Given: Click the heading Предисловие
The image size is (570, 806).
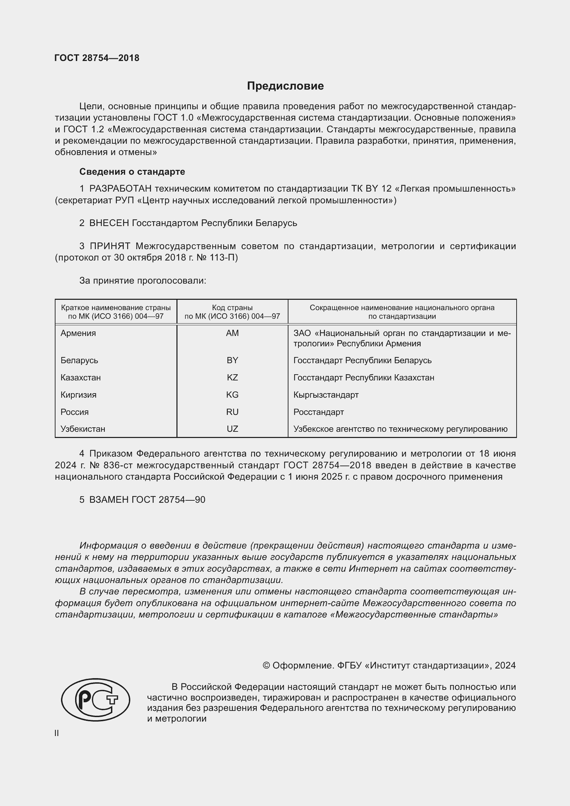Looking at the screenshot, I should click(x=285, y=86).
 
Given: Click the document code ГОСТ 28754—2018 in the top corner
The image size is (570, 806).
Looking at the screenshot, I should click(x=97, y=58).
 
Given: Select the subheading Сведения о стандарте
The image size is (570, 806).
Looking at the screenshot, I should click(x=132, y=172).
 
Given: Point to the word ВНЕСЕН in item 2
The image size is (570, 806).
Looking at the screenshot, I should click(x=109, y=223).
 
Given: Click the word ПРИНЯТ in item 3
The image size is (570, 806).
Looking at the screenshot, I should click(x=110, y=246).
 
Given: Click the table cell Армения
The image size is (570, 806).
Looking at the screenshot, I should click(x=78, y=333).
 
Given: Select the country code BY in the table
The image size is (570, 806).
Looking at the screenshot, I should click(x=232, y=360).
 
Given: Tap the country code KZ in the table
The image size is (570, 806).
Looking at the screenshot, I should click(x=232, y=378).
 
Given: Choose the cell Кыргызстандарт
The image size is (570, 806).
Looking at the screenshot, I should click(x=326, y=395).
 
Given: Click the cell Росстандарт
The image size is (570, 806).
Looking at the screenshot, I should click(x=318, y=412).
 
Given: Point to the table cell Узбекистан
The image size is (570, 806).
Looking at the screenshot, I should click(x=82, y=429).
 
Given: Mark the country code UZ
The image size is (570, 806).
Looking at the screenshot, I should click(x=232, y=429).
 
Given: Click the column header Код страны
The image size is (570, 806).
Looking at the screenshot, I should click(x=232, y=308).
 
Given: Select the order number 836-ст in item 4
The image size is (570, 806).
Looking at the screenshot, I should click(x=118, y=465).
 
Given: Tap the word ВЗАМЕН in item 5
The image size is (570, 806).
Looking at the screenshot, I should click(x=109, y=500).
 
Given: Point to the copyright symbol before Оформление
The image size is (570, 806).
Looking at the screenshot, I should click(x=266, y=666).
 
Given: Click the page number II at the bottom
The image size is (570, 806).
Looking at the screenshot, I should click(x=57, y=733).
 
